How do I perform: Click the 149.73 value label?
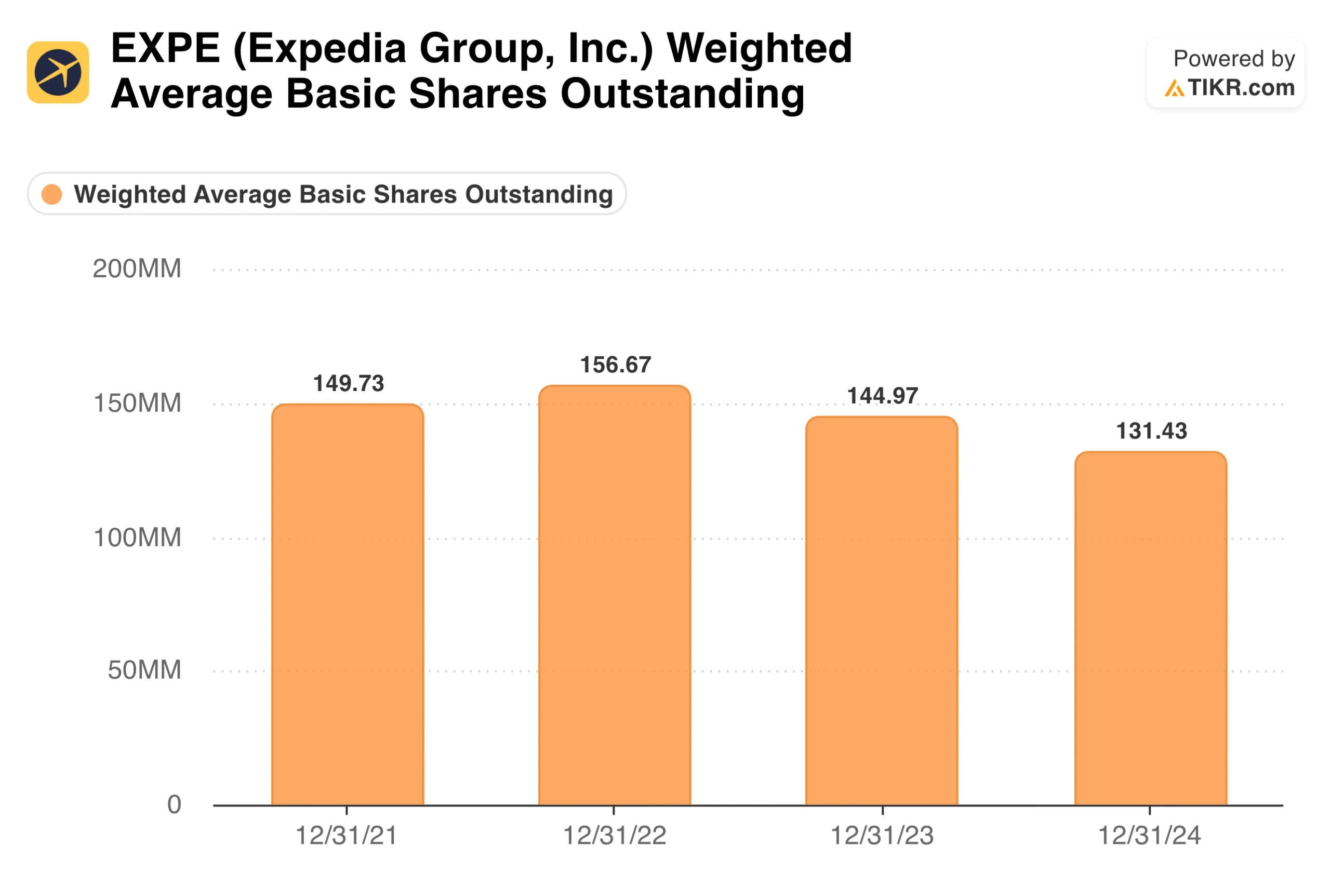coord(348,383)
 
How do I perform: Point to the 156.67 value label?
coord(616,365)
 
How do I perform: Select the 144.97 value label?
coord(882,396)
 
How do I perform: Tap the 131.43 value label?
coord(1151,431)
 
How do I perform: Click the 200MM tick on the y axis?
coord(137,269)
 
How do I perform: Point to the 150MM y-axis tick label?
coord(137,403)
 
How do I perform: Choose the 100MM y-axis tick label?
coord(137,537)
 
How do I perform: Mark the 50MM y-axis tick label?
coord(144,669)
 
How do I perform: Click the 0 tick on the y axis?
coord(174,803)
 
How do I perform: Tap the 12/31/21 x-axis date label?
coord(347,835)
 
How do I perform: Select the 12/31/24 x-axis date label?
coord(1149,835)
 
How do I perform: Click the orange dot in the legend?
coord(52,194)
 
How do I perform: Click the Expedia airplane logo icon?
coord(58,72)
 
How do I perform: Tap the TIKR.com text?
coord(1240,88)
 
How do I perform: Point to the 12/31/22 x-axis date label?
coord(615,835)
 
